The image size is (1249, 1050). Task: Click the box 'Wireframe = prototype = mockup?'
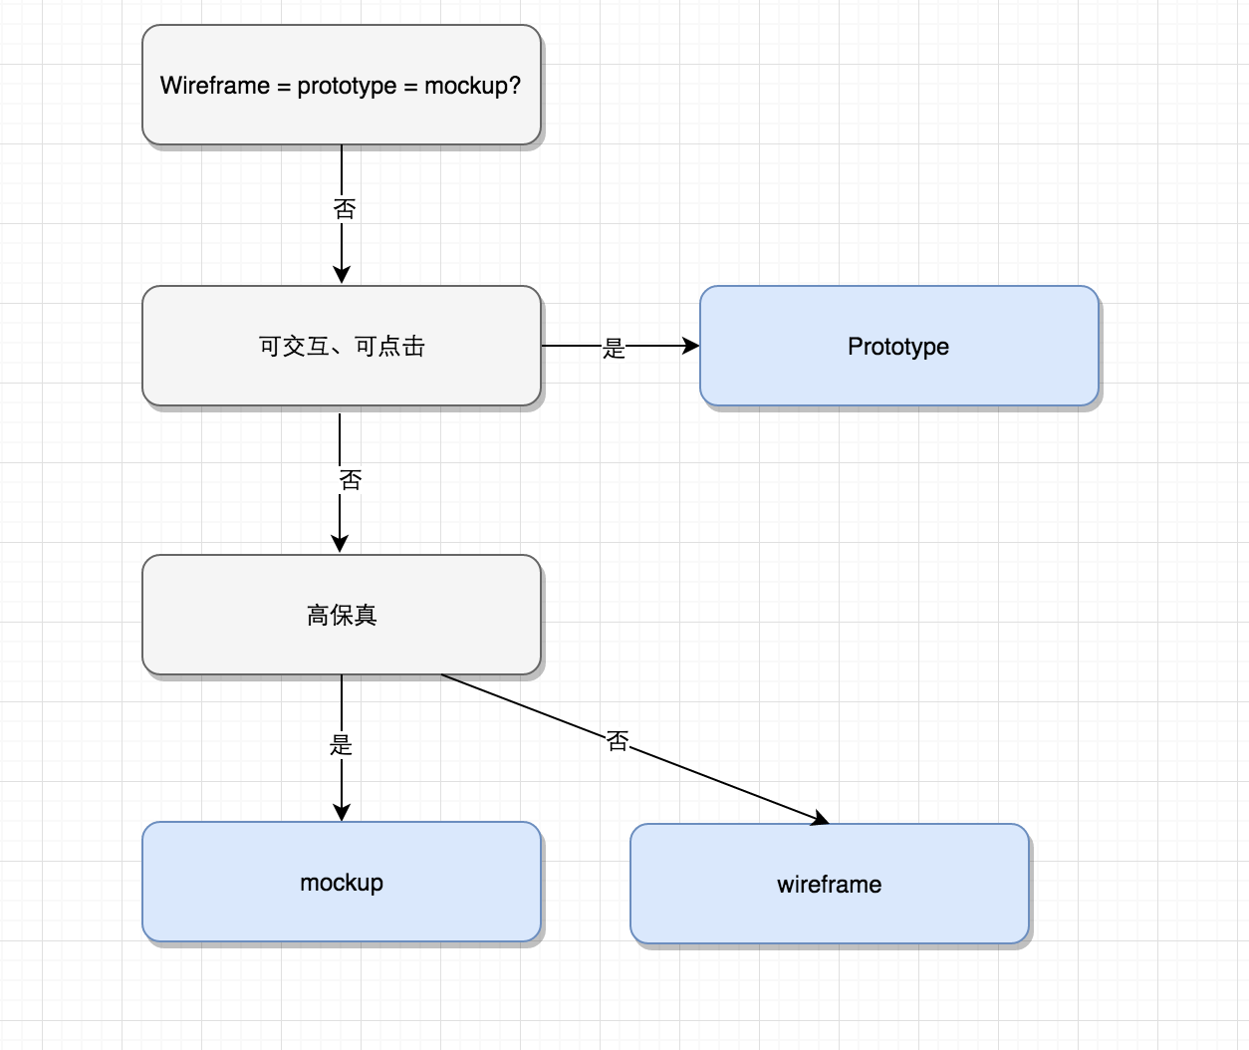click(x=342, y=85)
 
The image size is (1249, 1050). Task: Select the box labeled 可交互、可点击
click(x=342, y=346)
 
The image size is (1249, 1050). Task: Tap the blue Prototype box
click(x=899, y=346)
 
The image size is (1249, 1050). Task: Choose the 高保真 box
click(x=342, y=615)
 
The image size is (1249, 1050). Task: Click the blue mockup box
click(x=342, y=882)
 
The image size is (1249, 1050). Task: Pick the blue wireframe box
click(x=830, y=884)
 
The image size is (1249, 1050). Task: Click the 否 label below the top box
click(x=345, y=209)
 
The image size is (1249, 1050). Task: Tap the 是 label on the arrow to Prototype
click(x=614, y=349)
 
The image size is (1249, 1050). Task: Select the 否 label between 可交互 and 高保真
click(x=351, y=480)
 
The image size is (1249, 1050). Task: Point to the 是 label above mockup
click(x=341, y=745)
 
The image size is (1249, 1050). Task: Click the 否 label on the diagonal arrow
click(x=618, y=741)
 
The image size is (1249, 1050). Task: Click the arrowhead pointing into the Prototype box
click(x=691, y=346)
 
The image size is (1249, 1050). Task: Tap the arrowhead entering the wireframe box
click(x=820, y=818)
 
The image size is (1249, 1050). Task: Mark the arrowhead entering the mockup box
click(x=342, y=813)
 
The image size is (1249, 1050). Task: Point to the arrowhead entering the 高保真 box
click(x=340, y=544)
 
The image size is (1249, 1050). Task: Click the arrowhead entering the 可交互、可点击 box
click(x=342, y=275)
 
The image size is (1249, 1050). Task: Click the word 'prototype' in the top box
click(x=347, y=86)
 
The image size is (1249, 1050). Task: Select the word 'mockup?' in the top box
click(x=472, y=86)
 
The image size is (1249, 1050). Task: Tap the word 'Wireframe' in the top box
click(x=215, y=86)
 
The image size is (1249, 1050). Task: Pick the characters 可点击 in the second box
click(x=390, y=347)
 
